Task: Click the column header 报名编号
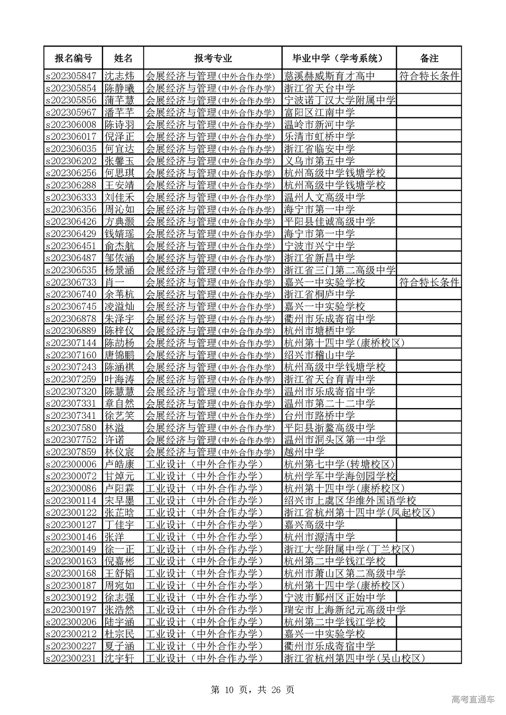click(73, 58)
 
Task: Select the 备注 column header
click(429, 58)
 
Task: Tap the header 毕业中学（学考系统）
click(339, 58)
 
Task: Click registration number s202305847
click(71, 76)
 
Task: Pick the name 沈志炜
click(119, 76)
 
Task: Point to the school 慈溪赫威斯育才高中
click(329, 76)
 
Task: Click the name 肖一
click(115, 282)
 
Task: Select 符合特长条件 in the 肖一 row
click(429, 282)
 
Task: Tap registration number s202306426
click(71, 222)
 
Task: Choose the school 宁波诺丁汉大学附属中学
click(340, 100)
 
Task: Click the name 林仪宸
click(119, 452)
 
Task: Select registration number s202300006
click(71, 464)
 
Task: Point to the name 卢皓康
click(119, 464)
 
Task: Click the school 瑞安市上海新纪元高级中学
click(345, 610)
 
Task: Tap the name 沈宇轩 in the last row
click(119, 658)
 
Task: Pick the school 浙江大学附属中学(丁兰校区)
click(349, 549)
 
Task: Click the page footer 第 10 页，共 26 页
click(253, 690)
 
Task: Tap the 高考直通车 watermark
click(473, 700)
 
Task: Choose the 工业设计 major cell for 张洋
click(204, 537)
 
